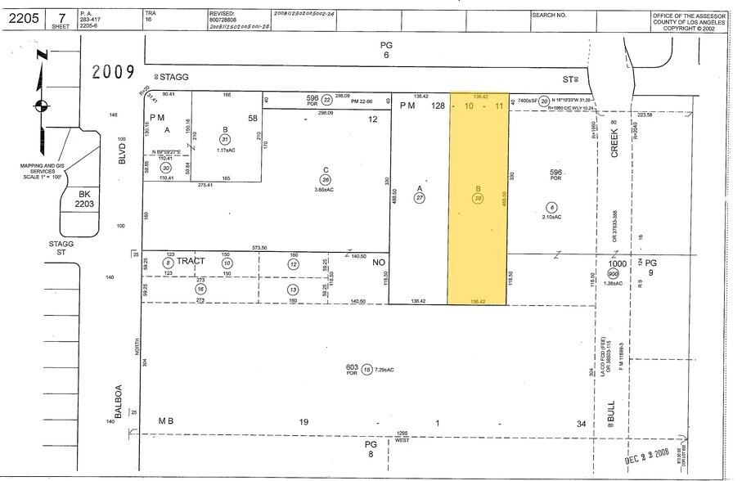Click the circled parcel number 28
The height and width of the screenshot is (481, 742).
[x=478, y=197]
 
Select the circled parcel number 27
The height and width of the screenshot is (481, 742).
[x=420, y=197]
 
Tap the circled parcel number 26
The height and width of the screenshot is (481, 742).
[x=326, y=180]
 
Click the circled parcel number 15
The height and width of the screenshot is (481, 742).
[x=367, y=369]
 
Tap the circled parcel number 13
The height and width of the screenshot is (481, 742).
[x=292, y=290]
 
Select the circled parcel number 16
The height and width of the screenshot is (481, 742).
[x=200, y=290]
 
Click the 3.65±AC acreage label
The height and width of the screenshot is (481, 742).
[x=326, y=190]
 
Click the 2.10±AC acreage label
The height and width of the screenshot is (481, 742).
[x=552, y=217]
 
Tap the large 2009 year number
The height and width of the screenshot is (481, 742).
[x=114, y=72]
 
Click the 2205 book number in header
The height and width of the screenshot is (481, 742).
[x=20, y=17]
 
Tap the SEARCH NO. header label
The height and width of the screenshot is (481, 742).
[x=549, y=15]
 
